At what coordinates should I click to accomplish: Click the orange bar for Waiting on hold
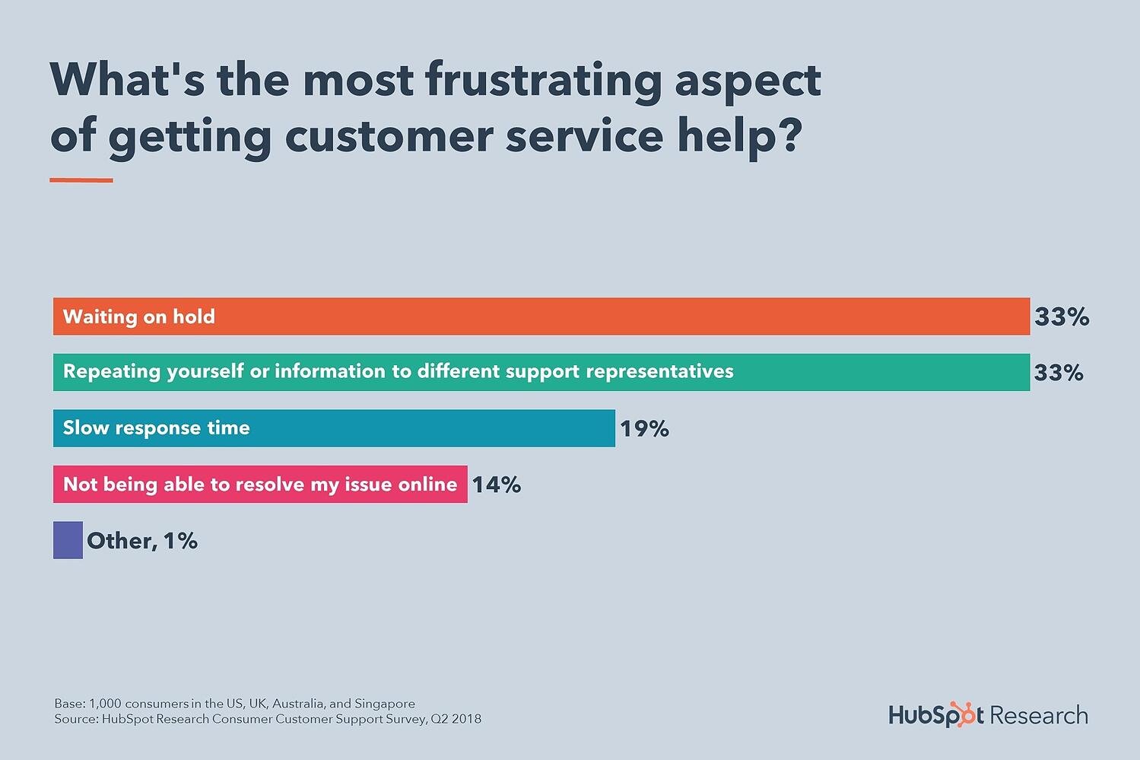[541, 316]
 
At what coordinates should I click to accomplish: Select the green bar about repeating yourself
[875, 372]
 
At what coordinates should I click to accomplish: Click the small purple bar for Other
[68, 540]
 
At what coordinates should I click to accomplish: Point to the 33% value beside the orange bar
[1062, 316]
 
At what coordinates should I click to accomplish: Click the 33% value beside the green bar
[1059, 372]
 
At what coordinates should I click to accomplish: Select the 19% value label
[644, 429]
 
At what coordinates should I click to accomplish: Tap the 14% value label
[497, 485]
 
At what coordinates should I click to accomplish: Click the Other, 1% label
[142, 541]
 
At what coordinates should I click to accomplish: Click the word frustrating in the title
[543, 81]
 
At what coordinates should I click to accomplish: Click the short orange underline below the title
[81, 180]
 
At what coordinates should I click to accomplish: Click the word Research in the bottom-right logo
[1039, 716]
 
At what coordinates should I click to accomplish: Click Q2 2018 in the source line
[456, 719]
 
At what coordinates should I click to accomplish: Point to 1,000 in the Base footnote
[105, 704]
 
